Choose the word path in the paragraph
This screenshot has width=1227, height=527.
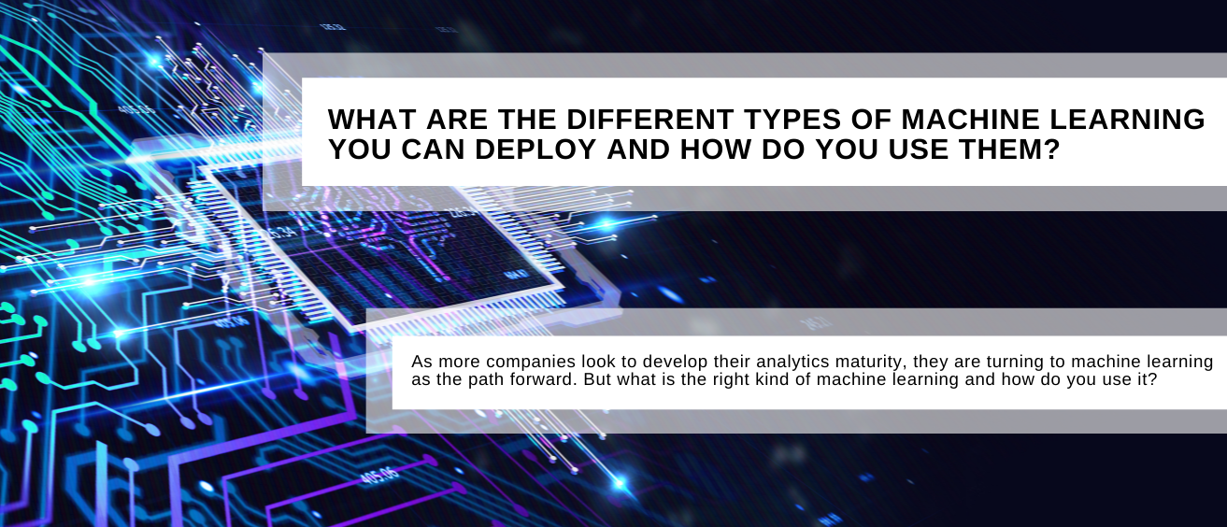pos(476,379)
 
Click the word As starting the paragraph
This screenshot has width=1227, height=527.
pos(422,362)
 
